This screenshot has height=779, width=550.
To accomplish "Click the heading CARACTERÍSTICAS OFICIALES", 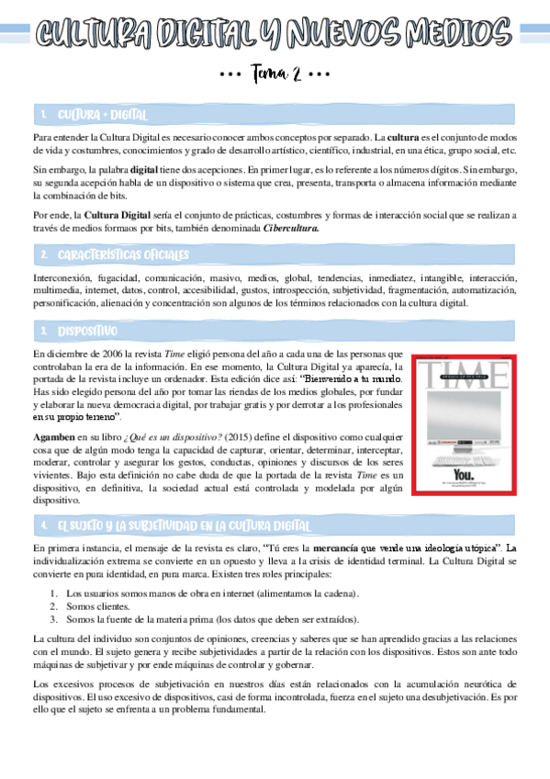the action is click(122, 254).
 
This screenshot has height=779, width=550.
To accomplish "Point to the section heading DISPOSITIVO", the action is click(87, 330).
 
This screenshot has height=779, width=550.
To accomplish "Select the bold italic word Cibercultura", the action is click(291, 229).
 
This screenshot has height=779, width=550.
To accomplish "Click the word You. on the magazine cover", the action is click(465, 476).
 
